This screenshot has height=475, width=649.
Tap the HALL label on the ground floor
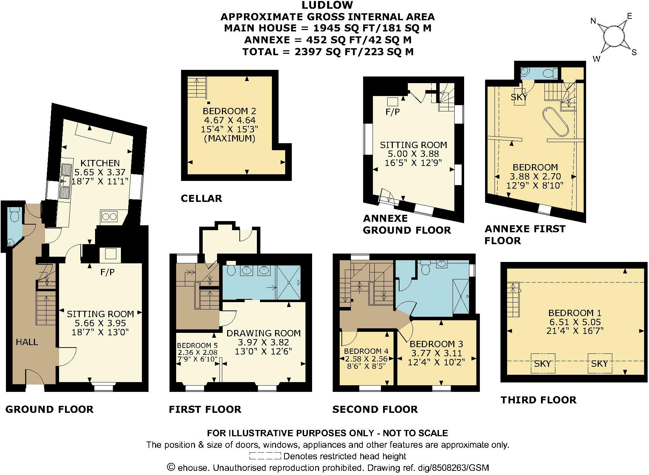click(27, 342)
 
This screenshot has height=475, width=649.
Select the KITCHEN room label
click(100, 163)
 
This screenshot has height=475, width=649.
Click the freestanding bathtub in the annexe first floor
click(555, 121)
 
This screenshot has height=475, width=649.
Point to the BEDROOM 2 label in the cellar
click(229, 111)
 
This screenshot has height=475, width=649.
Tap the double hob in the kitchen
click(109, 217)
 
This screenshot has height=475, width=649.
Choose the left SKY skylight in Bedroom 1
click(542, 363)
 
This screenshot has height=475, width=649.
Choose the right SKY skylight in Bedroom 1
click(599, 363)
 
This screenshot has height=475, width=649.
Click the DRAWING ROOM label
click(264, 333)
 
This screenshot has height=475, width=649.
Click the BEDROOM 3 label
click(436, 344)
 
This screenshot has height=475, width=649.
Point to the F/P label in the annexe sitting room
click(392, 112)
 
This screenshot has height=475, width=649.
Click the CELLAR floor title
click(201, 198)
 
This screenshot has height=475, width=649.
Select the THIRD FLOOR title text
click(539, 400)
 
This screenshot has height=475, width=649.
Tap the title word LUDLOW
click(327, 5)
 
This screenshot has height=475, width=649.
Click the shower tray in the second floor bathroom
click(462, 297)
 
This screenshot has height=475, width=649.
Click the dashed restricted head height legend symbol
click(265, 456)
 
